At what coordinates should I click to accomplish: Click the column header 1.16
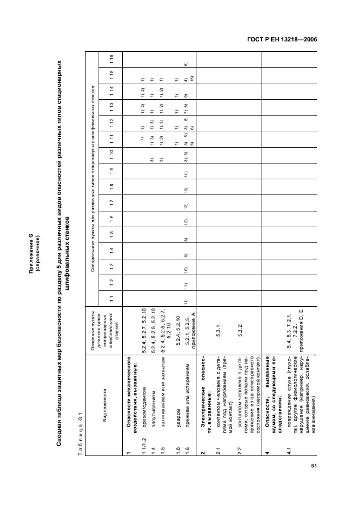click(111, 57)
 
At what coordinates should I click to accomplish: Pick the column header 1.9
click(111, 171)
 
